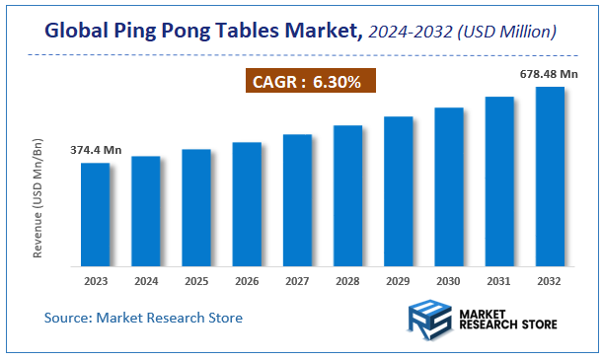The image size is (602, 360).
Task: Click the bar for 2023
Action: (95, 214)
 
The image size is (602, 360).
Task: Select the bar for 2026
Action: (247, 204)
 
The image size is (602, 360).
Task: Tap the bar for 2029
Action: (398, 191)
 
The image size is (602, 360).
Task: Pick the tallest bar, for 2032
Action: (549, 177)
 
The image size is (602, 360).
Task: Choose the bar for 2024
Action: (145, 211)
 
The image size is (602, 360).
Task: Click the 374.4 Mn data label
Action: (97, 150)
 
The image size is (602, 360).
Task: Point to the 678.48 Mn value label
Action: (549, 73)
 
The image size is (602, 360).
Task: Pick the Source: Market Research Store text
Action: (143, 318)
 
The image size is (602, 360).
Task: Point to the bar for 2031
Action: (499, 181)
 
